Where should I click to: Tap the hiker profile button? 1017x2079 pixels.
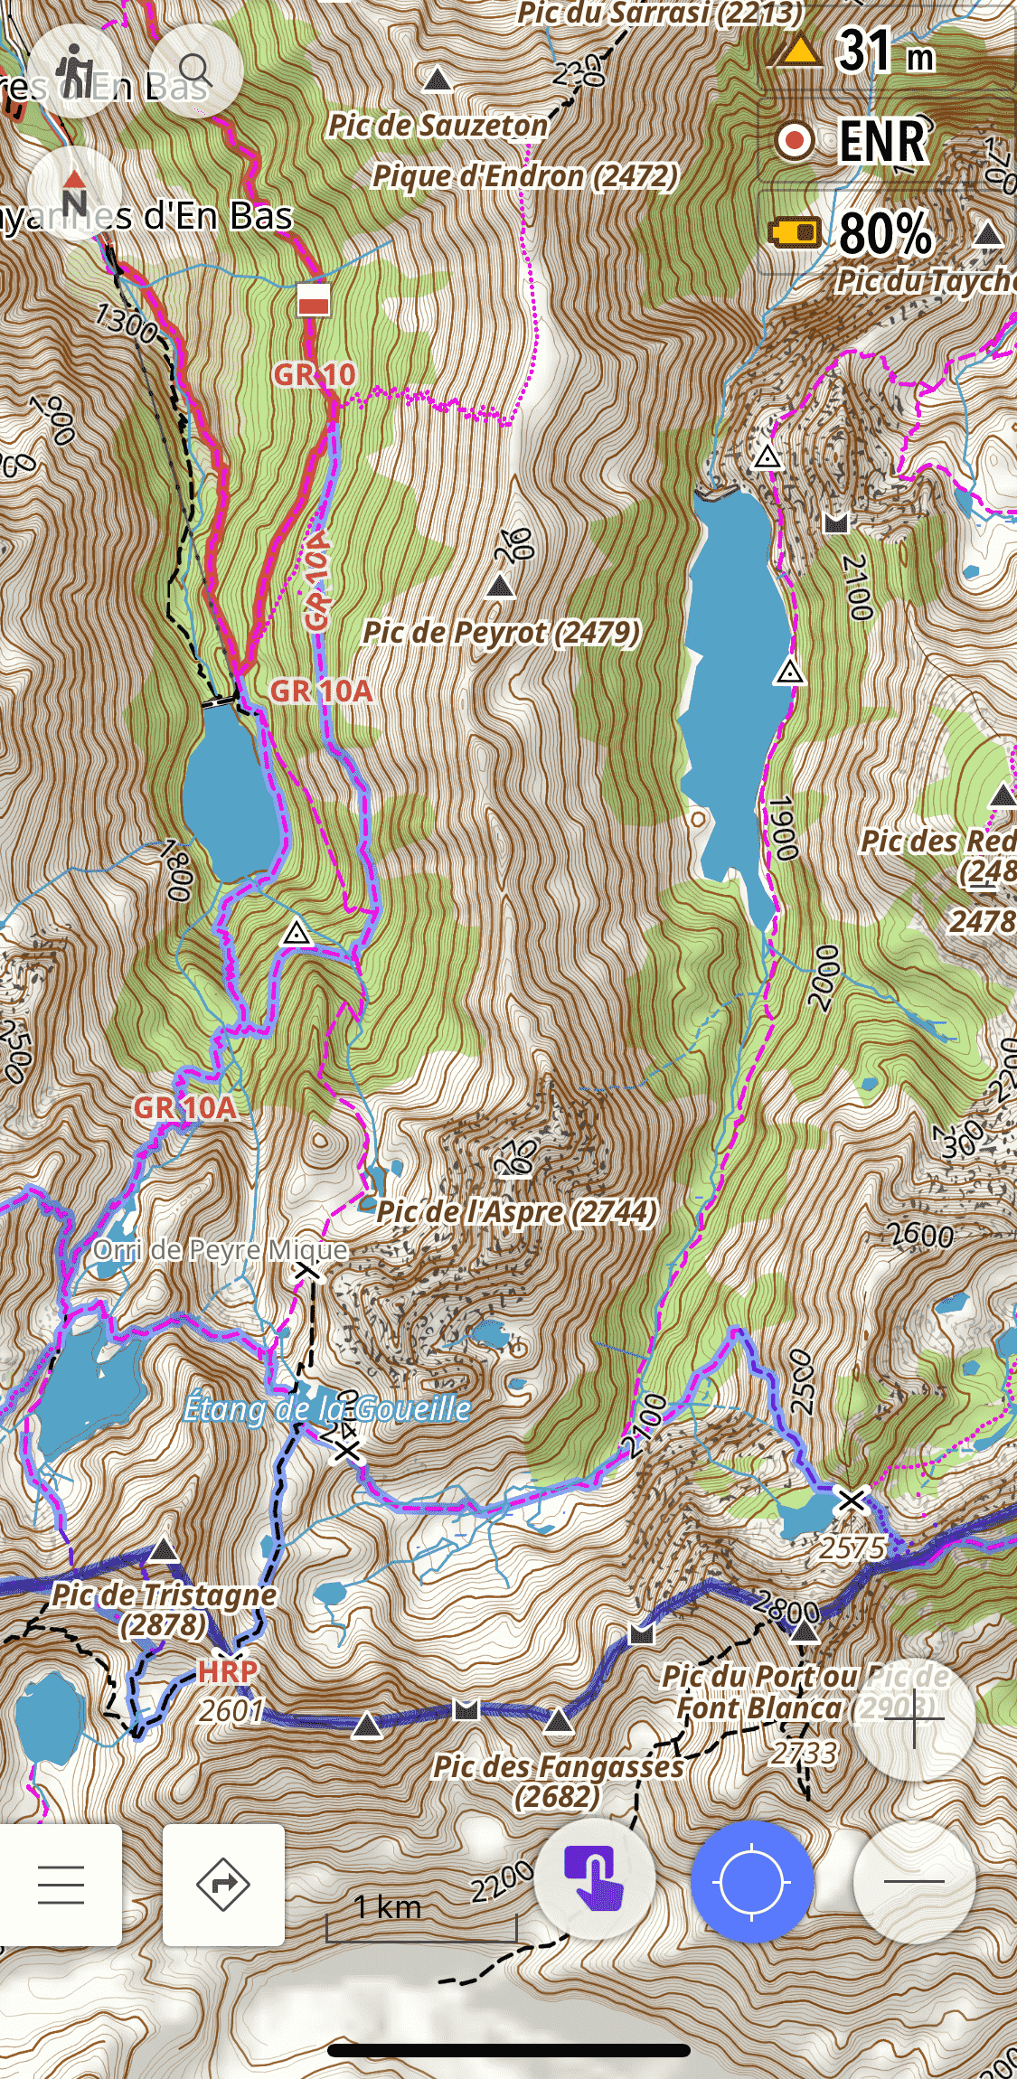74,71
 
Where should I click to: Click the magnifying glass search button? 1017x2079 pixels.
195,71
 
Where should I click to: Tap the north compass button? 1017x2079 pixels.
74,193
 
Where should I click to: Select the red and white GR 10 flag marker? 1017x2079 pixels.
314,299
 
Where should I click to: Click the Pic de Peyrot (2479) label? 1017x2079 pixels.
501,632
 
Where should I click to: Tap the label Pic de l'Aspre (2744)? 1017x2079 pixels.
516,1211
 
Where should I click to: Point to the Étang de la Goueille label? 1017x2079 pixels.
326,1408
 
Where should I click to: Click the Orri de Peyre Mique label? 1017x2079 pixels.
221,1250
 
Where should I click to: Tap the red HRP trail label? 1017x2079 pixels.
228,1671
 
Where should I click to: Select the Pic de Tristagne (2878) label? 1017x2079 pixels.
164,1609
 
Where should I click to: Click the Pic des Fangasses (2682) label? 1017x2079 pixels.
558,1780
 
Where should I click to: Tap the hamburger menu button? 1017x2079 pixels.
61,1885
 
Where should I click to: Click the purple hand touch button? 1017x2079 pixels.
594,1879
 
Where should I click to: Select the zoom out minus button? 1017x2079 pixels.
914,1881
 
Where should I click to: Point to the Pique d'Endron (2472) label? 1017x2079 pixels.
524,175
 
